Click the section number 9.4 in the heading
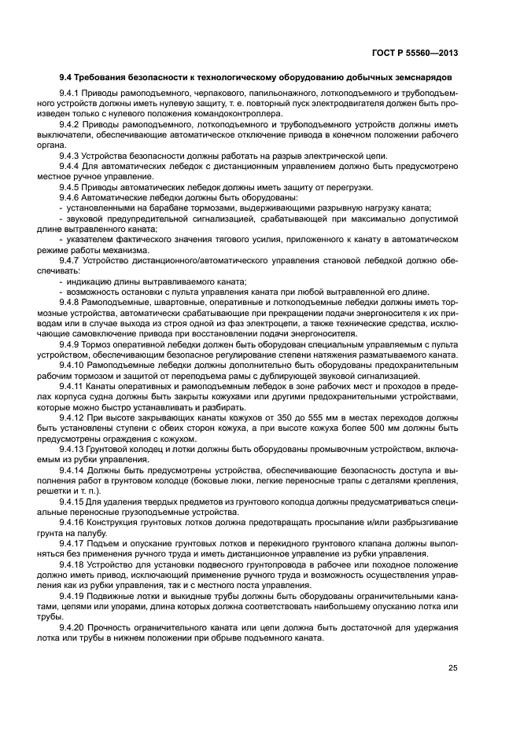(x=67, y=79)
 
